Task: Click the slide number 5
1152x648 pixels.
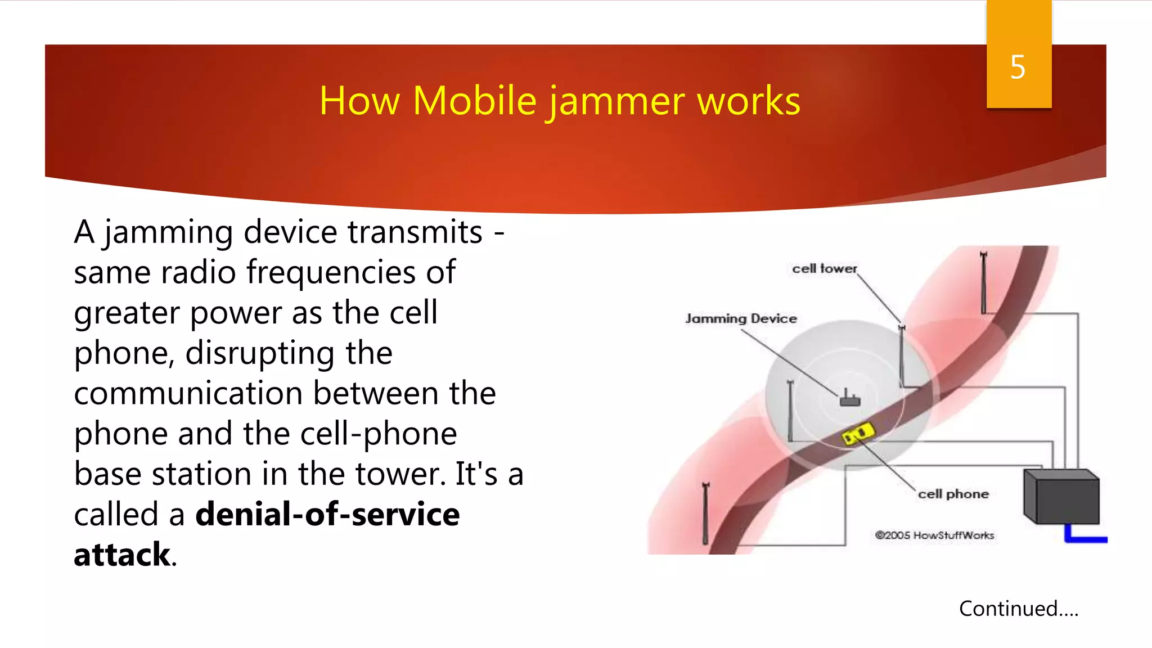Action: pos(1018,67)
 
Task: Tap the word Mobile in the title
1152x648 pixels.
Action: pos(474,101)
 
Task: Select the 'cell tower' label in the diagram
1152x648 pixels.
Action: pos(824,269)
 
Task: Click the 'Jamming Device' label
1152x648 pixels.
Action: pos(741,318)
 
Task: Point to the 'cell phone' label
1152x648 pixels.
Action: pos(953,494)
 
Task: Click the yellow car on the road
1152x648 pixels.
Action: pos(858,434)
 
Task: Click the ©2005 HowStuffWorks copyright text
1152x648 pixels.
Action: pos(934,535)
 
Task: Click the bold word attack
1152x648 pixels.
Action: pos(121,555)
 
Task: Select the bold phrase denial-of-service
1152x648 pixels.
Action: pos(327,514)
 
